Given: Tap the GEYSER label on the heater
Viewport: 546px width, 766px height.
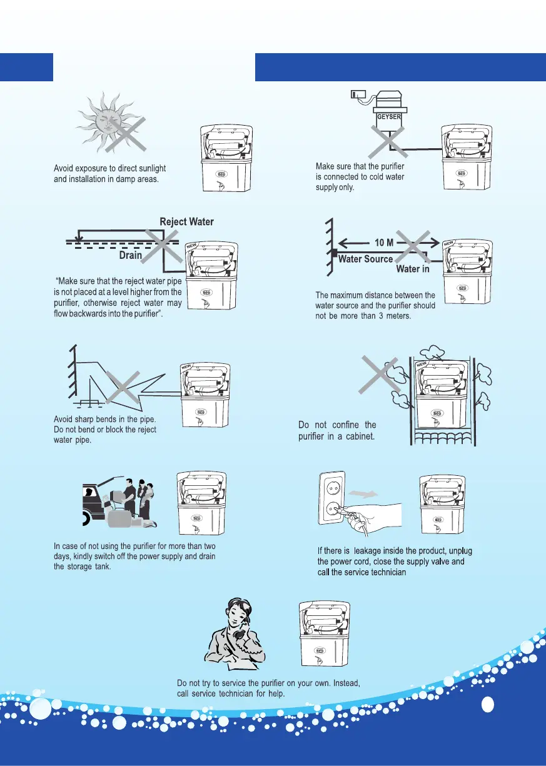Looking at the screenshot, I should (389, 116).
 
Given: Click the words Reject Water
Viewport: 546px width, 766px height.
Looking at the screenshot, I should (186, 222).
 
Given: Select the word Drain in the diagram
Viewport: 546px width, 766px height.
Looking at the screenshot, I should (130, 255).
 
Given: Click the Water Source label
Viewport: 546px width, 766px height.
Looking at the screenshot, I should (366, 259).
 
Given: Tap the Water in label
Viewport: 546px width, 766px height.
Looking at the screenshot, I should (413, 270).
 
